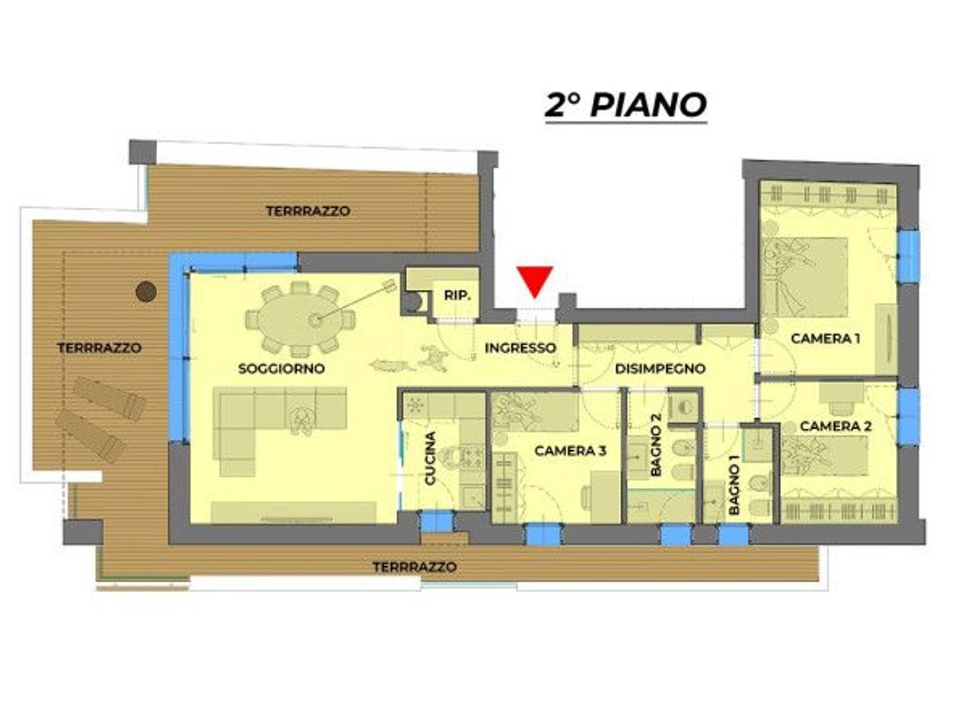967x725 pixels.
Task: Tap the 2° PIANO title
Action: click(x=626, y=105)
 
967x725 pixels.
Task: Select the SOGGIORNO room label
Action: click(x=282, y=369)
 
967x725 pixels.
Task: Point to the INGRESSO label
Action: click(x=521, y=348)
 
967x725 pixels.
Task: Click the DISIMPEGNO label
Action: click(x=660, y=369)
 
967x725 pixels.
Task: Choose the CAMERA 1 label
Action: click(x=826, y=338)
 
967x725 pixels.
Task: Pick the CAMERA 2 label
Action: click(x=836, y=426)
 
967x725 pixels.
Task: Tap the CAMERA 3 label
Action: click(x=570, y=451)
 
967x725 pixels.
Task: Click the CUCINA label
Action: click(x=431, y=458)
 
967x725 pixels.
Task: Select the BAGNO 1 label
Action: click(x=734, y=490)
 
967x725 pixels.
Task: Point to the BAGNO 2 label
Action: click(x=656, y=451)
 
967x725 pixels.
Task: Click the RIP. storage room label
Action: click(x=457, y=296)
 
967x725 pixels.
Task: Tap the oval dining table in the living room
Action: click(x=301, y=319)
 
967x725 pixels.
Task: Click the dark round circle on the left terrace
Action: click(x=146, y=292)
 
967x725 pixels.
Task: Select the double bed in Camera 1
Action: click(x=805, y=277)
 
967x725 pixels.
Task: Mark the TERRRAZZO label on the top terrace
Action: click(x=308, y=211)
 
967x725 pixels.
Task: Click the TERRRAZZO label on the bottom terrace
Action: click(x=415, y=567)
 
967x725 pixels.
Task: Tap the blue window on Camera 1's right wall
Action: click(x=909, y=256)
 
